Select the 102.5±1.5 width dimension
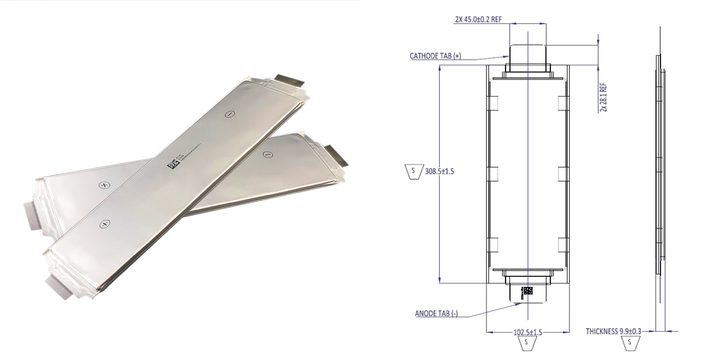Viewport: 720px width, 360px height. [x=528, y=332]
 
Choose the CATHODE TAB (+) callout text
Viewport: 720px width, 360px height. [x=435, y=56]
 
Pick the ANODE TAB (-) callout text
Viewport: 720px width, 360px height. [x=436, y=313]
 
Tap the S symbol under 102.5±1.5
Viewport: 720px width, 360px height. [x=526, y=343]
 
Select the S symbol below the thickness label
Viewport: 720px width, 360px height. [x=629, y=342]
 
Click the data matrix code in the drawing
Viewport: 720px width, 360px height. [x=528, y=292]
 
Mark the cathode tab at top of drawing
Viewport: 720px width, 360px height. [x=528, y=54]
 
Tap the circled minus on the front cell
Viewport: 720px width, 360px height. [x=230, y=115]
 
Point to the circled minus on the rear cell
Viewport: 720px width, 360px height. [x=267, y=155]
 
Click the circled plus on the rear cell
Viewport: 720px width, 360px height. [x=104, y=185]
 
